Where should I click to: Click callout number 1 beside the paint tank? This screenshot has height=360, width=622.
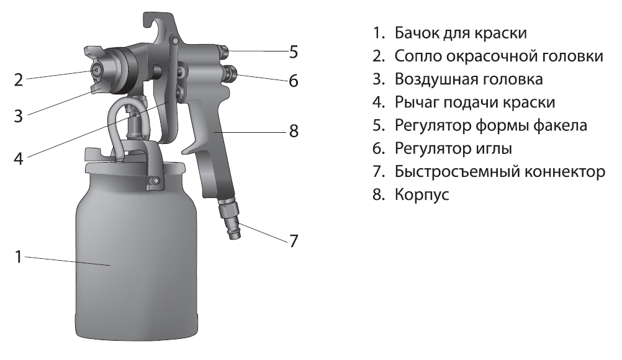18,256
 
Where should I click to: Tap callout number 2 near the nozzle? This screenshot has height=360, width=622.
19,79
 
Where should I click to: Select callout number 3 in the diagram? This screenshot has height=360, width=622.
18,116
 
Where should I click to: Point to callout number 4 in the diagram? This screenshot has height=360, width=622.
19,159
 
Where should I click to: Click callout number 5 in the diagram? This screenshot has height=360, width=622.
294,52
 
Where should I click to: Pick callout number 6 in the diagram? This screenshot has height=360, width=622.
294,81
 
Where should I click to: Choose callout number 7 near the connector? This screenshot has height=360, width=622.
294,241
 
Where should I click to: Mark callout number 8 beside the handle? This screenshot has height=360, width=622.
294,131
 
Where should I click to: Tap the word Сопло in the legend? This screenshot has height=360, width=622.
417,56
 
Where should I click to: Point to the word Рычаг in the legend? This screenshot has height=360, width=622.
416,102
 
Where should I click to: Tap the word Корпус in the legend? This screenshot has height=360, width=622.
422,195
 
